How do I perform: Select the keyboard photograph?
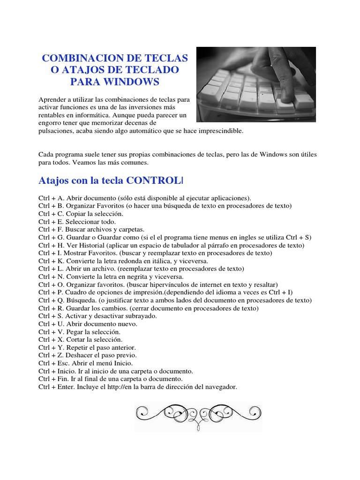coord(256,84)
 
